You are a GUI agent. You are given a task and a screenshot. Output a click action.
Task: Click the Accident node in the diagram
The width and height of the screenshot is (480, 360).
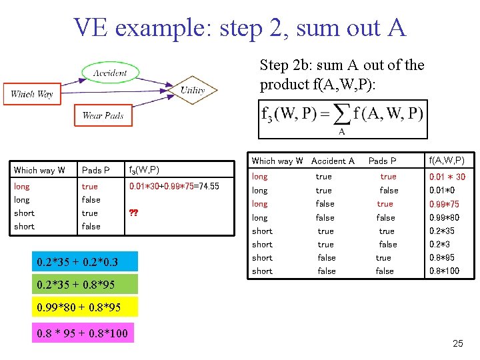point(109,73)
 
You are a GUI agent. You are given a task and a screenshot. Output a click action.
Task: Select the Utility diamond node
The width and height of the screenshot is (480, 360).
point(192,90)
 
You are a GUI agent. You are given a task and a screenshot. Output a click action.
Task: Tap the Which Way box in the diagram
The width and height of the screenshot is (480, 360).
point(32,94)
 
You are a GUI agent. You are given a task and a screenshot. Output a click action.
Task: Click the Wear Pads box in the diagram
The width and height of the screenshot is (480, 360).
point(103,115)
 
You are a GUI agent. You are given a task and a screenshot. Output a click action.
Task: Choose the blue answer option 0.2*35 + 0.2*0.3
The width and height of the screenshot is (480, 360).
point(78,261)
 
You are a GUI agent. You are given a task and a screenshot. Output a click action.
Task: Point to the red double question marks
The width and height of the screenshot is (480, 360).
point(133,213)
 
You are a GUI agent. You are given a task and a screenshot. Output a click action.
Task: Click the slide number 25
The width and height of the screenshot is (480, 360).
point(457,343)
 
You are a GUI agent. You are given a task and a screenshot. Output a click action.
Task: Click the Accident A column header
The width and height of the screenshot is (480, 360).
point(333,161)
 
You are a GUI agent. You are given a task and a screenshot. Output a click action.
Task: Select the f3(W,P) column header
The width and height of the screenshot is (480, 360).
point(144,170)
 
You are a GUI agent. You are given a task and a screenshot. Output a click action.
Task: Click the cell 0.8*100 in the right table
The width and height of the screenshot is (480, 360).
point(445,271)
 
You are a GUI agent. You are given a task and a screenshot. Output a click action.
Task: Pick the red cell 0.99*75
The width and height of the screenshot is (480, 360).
point(444,204)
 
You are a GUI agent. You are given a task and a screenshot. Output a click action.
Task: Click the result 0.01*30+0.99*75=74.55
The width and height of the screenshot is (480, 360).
point(174,187)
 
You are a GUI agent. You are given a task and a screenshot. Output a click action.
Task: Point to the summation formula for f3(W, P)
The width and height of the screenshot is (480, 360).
point(342,118)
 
